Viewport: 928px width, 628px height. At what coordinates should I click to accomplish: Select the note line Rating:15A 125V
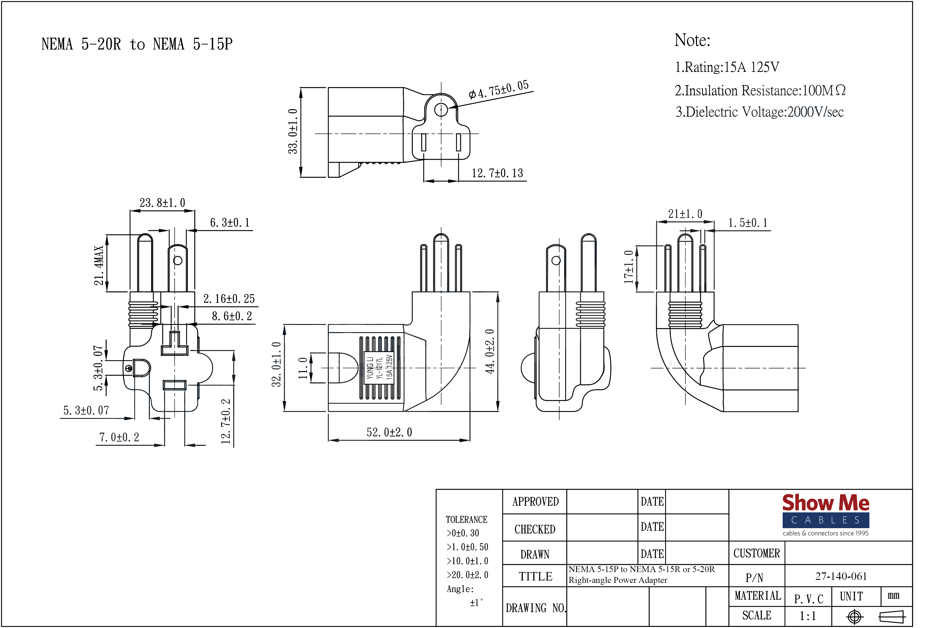pyautogui.click(x=726, y=67)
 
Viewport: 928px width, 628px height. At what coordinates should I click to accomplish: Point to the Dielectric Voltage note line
pyautogui.click(x=759, y=112)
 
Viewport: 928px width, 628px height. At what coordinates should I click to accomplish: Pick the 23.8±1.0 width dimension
pyautogui.click(x=162, y=203)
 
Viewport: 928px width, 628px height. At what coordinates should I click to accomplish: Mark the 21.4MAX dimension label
pyautogui.click(x=99, y=265)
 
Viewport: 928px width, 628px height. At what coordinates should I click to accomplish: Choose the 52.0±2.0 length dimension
pyautogui.click(x=389, y=432)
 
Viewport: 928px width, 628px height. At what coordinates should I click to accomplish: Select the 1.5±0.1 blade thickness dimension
pyautogui.click(x=748, y=223)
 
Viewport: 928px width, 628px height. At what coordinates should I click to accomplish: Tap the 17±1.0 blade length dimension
pyautogui.click(x=628, y=267)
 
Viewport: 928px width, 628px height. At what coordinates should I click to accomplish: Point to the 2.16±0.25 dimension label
pyautogui.click(x=229, y=299)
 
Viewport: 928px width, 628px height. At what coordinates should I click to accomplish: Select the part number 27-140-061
pyautogui.click(x=841, y=576)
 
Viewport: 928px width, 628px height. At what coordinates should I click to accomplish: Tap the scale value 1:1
pyautogui.click(x=808, y=616)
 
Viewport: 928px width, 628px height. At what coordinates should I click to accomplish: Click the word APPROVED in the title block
pyautogui.click(x=535, y=502)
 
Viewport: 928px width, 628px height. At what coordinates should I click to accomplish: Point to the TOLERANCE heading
pyautogui.click(x=466, y=520)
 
